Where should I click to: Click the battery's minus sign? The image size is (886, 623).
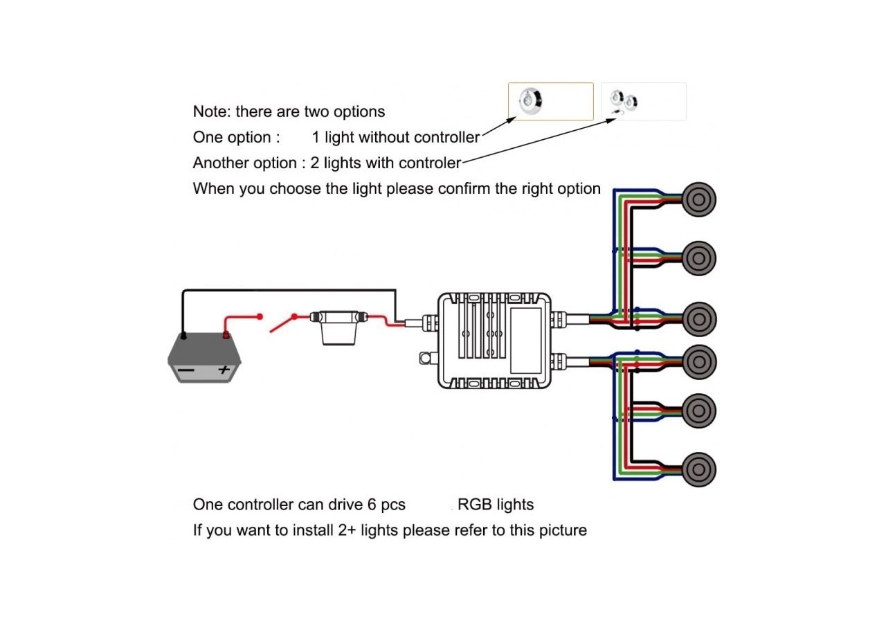tap(186, 371)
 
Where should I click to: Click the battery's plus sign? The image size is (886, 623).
tap(224, 370)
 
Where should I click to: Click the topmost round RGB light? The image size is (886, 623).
tap(698, 199)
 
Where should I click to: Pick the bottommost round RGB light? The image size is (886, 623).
tap(698, 469)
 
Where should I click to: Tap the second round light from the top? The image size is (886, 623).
tap(698, 258)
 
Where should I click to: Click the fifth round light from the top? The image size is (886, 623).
tap(698, 410)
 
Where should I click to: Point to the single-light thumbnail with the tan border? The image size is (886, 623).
tap(550, 102)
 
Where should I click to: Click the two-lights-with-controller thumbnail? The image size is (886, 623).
tap(643, 102)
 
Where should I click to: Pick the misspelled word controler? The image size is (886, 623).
tap(426, 163)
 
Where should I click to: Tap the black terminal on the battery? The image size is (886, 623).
tap(183, 336)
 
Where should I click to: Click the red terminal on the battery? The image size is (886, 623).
tap(225, 336)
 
